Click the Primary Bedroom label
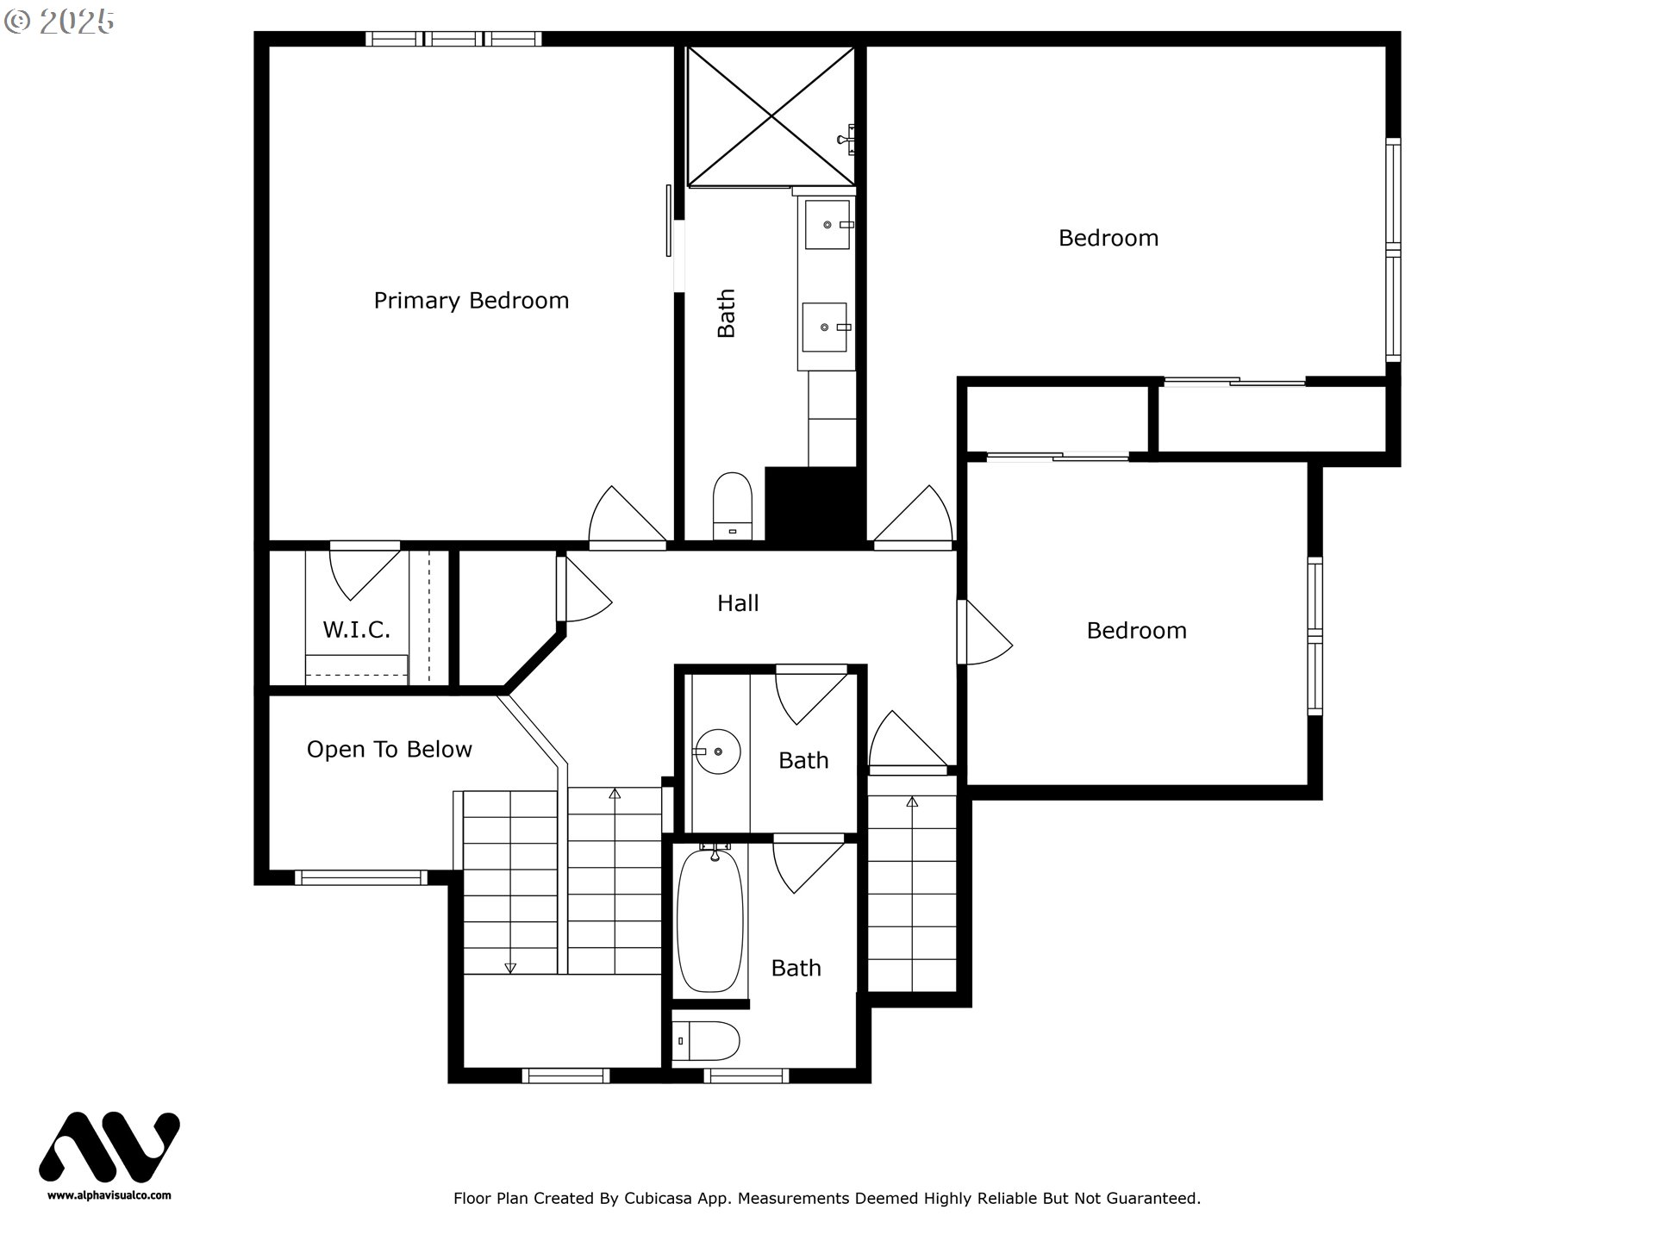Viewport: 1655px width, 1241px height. (471, 301)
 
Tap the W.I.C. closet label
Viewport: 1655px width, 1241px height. (356, 630)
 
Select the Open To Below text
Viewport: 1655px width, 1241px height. (389, 750)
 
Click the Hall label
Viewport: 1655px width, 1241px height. (738, 603)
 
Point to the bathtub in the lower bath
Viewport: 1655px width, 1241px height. (709, 920)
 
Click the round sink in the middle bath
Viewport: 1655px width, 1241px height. (718, 751)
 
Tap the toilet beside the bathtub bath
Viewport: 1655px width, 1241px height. (706, 1041)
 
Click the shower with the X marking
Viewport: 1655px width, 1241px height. (771, 116)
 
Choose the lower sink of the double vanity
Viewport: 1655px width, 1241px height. (825, 327)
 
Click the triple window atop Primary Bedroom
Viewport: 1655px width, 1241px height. (453, 39)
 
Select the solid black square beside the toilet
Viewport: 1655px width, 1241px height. (814, 506)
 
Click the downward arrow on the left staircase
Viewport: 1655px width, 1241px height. (509, 968)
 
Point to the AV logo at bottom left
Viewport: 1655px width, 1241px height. (109, 1146)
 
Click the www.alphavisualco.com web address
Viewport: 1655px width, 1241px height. (109, 1195)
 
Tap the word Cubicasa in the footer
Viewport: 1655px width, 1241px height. (658, 1198)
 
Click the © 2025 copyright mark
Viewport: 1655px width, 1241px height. (59, 22)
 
